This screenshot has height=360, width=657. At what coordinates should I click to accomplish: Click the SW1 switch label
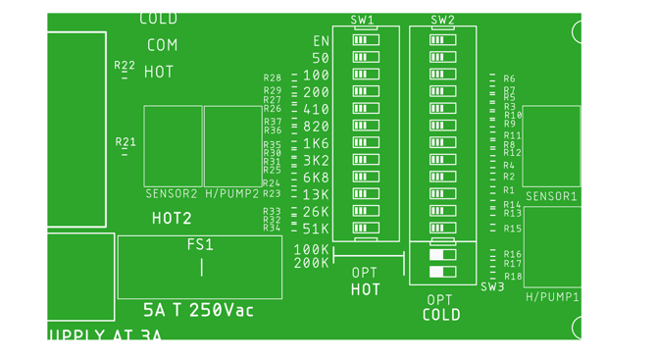[x=362, y=20]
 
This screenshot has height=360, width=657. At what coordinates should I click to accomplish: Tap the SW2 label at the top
[x=442, y=20]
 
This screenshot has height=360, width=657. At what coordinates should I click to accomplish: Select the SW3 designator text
[x=491, y=287]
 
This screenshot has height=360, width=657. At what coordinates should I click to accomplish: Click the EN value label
[x=321, y=41]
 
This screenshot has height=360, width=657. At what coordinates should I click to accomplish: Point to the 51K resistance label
[x=315, y=229]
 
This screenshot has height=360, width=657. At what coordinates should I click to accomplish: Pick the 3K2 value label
[x=315, y=161]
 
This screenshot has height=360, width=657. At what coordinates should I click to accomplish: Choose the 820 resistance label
[x=316, y=127]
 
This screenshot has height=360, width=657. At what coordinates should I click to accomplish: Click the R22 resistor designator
[x=125, y=66]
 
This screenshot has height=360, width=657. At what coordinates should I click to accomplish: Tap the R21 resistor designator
[x=126, y=142]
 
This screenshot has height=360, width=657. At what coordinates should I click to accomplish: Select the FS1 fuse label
[x=200, y=245]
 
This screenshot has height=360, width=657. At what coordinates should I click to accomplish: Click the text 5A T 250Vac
[x=198, y=310]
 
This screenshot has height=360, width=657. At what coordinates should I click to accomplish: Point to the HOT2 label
[x=172, y=219]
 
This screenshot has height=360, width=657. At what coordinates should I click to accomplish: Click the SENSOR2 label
[x=172, y=194]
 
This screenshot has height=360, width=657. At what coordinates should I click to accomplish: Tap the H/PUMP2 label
[x=232, y=194]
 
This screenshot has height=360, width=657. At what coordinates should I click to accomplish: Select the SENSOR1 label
[x=551, y=197]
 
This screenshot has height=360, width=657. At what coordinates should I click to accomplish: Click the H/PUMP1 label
[x=552, y=297]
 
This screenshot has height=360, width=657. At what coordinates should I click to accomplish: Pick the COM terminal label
[x=162, y=45]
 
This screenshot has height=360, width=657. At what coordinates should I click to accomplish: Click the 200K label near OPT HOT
[x=312, y=264]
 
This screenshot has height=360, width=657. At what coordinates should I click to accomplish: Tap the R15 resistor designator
[x=512, y=230]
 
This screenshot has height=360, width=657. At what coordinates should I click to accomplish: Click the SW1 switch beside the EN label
[x=366, y=40]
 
